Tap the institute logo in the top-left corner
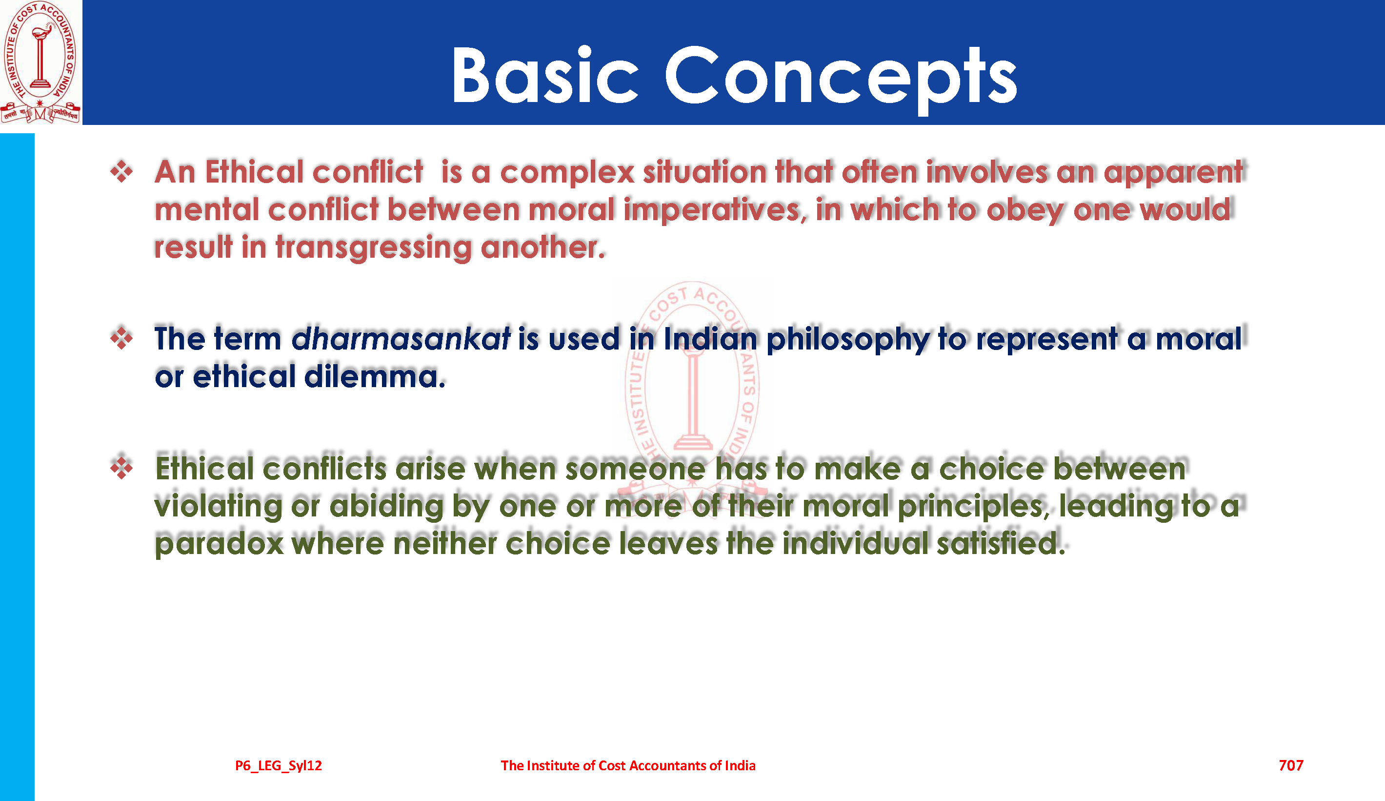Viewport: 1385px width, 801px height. pyautogui.click(x=40, y=62)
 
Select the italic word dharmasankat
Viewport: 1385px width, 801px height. pyautogui.click(x=401, y=338)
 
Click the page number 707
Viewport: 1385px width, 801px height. pyautogui.click(x=1290, y=765)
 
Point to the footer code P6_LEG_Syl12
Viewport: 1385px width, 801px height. pyautogui.click(x=279, y=766)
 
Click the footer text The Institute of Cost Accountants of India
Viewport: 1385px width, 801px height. pyautogui.click(x=628, y=765)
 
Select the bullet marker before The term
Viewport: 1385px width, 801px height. pyautogui.click(x=121, y=338)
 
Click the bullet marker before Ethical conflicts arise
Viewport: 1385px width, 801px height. pyautogui.click(x=121, y=468)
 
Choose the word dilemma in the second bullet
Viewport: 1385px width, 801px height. pyautogui.click(x=374, y=377)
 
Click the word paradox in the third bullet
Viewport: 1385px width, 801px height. pyautogui.click(x=220, y=544)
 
